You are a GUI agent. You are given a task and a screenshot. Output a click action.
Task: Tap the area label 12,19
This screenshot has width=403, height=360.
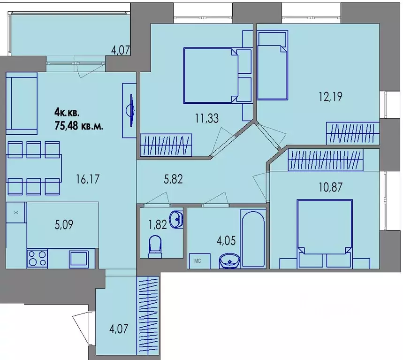pyautogui.click(x=331, y=97)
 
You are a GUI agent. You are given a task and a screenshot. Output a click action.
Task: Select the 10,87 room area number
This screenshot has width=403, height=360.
pyautogui.click(x=331, y=187)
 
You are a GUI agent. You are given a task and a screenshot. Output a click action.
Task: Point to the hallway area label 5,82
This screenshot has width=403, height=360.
pyautogui.click(x=173, y=179)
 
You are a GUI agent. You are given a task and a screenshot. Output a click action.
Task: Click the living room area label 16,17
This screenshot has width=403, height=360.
pyautogui.click(x=88, y=179)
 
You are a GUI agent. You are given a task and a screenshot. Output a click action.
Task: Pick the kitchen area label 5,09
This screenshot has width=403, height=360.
pyautogui.click(x=64, y=224)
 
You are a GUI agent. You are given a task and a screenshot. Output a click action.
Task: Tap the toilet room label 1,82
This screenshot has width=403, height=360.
pyautogui.click(x=158, y=224)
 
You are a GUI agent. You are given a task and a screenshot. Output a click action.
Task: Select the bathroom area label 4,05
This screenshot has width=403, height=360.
pyautogui.click(x=226, y=241)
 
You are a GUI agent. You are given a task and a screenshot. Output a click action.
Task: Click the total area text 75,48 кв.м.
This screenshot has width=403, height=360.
pyautogui.click(x=79, y=126)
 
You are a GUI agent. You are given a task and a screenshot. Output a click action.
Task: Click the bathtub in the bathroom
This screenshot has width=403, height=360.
pyautogui.click(x=253, y=239)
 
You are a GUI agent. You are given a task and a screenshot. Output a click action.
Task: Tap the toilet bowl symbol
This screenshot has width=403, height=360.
pyautogui.click(x=155, y=246)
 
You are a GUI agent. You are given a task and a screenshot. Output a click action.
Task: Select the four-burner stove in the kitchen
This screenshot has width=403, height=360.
pyautogui.click(x=37, y=258)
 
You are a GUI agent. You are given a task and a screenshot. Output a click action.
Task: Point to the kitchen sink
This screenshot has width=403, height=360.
pyautogui.click(x=79, y=258)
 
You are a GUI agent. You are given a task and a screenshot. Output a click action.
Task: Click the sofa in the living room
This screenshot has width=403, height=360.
pyautogui.click(x=22, y=103)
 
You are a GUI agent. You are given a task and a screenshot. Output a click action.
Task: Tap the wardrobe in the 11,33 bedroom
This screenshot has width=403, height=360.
pyautogui.click(x=166, y=145)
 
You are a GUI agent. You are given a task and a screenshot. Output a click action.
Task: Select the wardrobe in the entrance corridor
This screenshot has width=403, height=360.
pyautogui.click(x=148, y=318)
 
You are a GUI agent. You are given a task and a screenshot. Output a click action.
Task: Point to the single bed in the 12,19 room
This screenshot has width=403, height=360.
pyautogui.click(x=273, y=65)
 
